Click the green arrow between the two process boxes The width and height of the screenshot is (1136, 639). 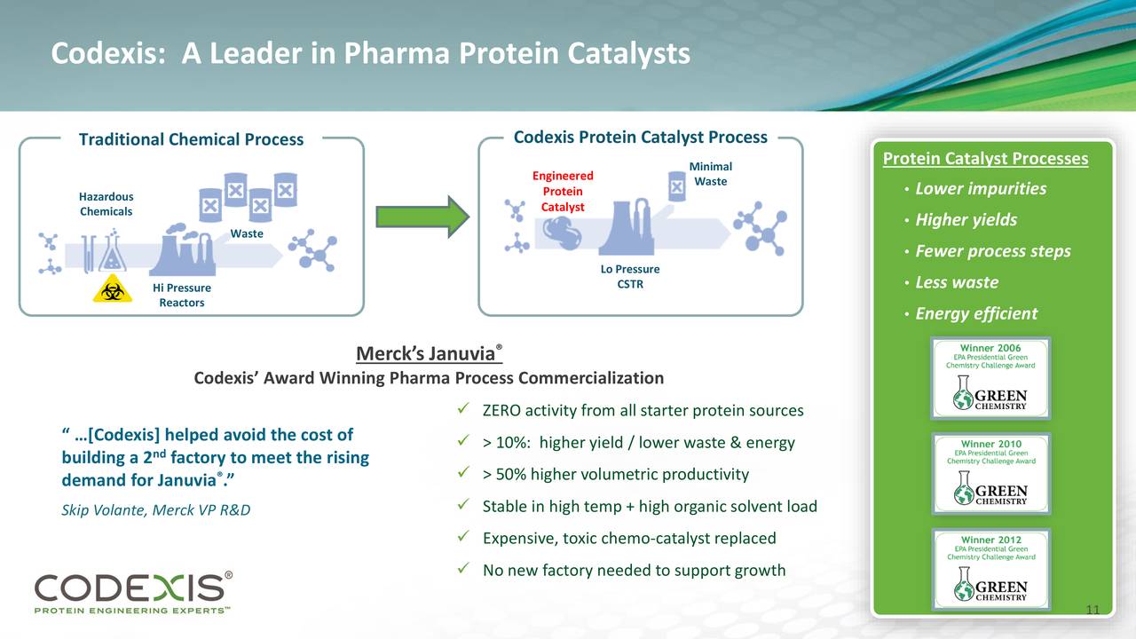422,217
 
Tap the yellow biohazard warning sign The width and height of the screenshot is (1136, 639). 112,288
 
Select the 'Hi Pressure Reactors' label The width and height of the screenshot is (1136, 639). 182,295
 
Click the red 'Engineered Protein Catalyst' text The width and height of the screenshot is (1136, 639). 563,191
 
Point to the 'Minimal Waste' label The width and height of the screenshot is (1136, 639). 710,174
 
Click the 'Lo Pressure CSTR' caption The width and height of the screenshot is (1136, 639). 629,276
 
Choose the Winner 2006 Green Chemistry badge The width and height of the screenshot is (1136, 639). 990,378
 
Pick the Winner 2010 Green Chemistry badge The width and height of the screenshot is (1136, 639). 990,474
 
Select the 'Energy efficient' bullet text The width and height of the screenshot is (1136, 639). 976,313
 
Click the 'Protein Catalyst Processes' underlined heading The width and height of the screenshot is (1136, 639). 985,159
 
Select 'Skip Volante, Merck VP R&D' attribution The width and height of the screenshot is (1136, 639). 155,510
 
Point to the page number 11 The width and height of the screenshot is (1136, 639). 1093,610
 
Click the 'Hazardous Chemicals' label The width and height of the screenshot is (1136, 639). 106,204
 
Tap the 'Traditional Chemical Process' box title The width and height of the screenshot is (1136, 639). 191,139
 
